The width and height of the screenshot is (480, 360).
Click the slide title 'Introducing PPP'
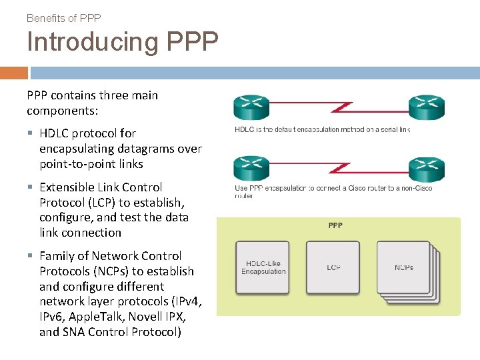coord(122,42)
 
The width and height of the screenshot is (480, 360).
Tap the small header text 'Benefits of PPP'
coord(63,18)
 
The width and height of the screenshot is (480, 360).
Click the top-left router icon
coord(251,107)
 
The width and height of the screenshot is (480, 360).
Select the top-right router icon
coord(426,107)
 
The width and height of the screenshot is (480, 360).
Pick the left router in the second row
coord(251,167)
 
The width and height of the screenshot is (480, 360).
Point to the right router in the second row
coord(426,168)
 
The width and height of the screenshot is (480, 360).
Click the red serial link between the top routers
coord(339,107)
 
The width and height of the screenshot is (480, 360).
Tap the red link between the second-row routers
coord(339,167)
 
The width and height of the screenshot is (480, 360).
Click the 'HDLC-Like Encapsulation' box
coord(263,268)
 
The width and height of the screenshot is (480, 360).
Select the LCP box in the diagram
coord(333,268)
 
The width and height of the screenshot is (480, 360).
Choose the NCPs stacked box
coord(403,268)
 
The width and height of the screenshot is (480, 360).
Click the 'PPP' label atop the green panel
coord(335,225)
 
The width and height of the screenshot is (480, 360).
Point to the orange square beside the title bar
coord(13,73)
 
